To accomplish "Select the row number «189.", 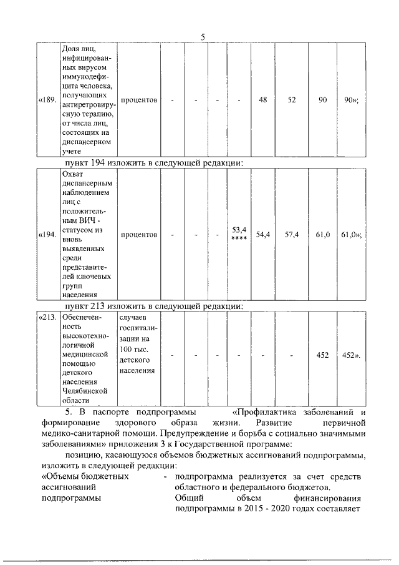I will pyautogui.click(x=48, y=100).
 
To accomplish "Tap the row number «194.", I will pyautogui.click(x=48, y=235).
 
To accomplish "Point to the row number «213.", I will pyautogui.click(x=48, y=317).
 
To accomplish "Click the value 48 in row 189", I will pyautogui.click(x=262, y=100).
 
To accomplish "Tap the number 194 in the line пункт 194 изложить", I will pyautogui.click(x=97, y=163).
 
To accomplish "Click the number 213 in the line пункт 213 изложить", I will pyautogui.click(x=97, y=306).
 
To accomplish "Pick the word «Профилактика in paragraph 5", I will pyautogui.click(x=263, y=412).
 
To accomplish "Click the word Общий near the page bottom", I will pyautogui.click(x=188, y=499).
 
